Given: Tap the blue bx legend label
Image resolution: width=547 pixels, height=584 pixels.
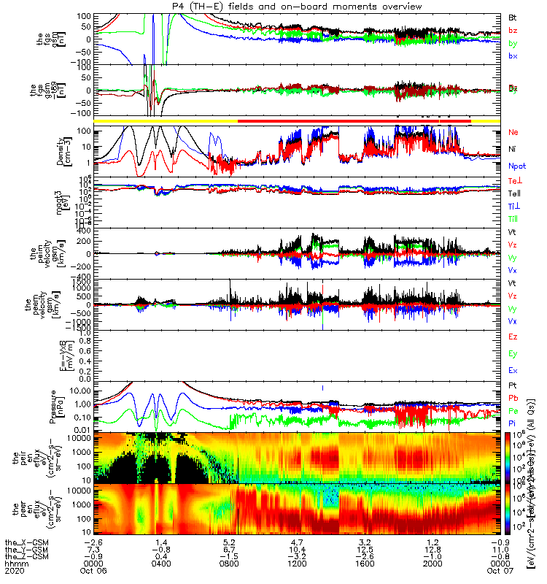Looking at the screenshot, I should point(513,56).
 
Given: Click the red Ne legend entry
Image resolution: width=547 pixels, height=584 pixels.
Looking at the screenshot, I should point(513,132).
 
